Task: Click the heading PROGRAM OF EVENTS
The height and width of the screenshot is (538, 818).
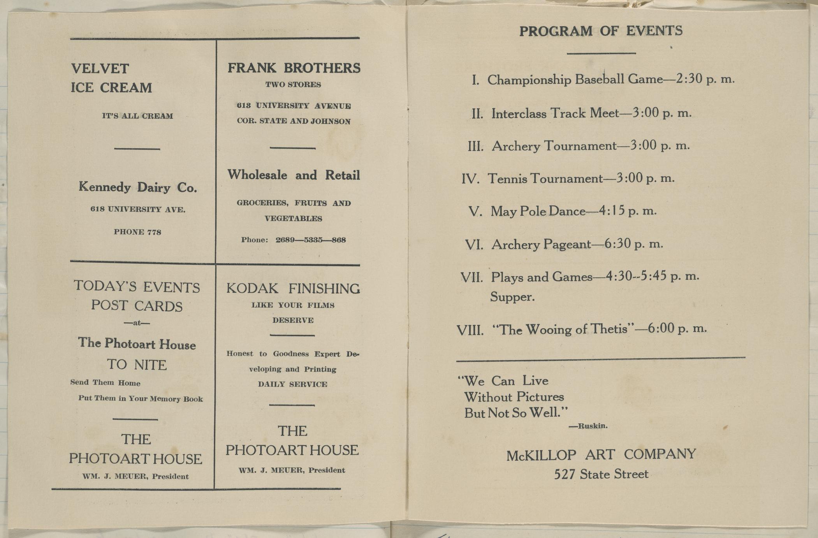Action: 601,31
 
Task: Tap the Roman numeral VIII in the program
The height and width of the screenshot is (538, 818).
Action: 470,331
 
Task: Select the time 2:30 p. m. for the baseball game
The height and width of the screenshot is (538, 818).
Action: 705,79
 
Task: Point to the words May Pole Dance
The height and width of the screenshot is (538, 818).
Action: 538,211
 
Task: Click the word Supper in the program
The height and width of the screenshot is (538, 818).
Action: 512,297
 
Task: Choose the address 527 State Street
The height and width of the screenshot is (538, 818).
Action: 601,474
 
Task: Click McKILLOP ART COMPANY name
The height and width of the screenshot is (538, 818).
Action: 601,455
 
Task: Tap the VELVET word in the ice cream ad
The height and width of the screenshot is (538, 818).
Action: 100,69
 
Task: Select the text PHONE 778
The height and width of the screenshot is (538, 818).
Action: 137,232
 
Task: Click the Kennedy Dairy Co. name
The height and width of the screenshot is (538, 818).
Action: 137,188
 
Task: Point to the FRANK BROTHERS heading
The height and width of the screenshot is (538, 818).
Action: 294,68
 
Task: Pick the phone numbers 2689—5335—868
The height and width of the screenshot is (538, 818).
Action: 310,240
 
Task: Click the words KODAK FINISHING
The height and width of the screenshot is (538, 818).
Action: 293,289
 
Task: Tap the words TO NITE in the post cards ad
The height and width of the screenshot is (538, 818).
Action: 137,365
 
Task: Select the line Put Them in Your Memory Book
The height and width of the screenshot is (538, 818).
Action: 141,398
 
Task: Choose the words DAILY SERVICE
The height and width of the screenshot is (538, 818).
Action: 292,384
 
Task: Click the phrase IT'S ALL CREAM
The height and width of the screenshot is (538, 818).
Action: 137,116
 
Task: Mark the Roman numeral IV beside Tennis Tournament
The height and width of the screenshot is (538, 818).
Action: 470,179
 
